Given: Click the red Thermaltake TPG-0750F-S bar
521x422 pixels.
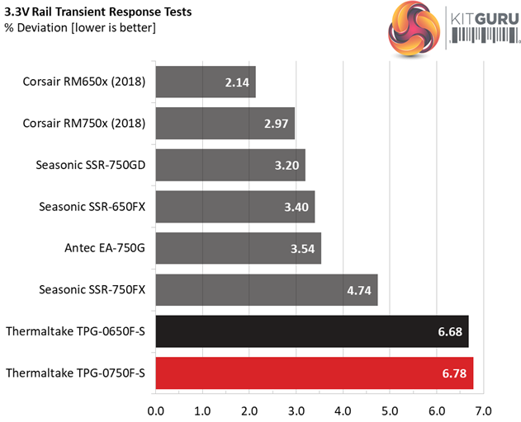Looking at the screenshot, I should tap(314, 373).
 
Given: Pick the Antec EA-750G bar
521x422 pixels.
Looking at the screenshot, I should tap(238, 248).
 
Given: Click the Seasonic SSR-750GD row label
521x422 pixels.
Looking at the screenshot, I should tap(91, 165).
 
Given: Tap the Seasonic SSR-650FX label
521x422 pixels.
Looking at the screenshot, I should tap(92, 206).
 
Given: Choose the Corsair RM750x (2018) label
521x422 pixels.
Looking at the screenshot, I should tap(86, 124).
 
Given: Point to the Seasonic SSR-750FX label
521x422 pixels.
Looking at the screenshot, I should tap(92, 289).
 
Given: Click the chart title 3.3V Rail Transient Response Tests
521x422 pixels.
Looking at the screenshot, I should tap(98, 12).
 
